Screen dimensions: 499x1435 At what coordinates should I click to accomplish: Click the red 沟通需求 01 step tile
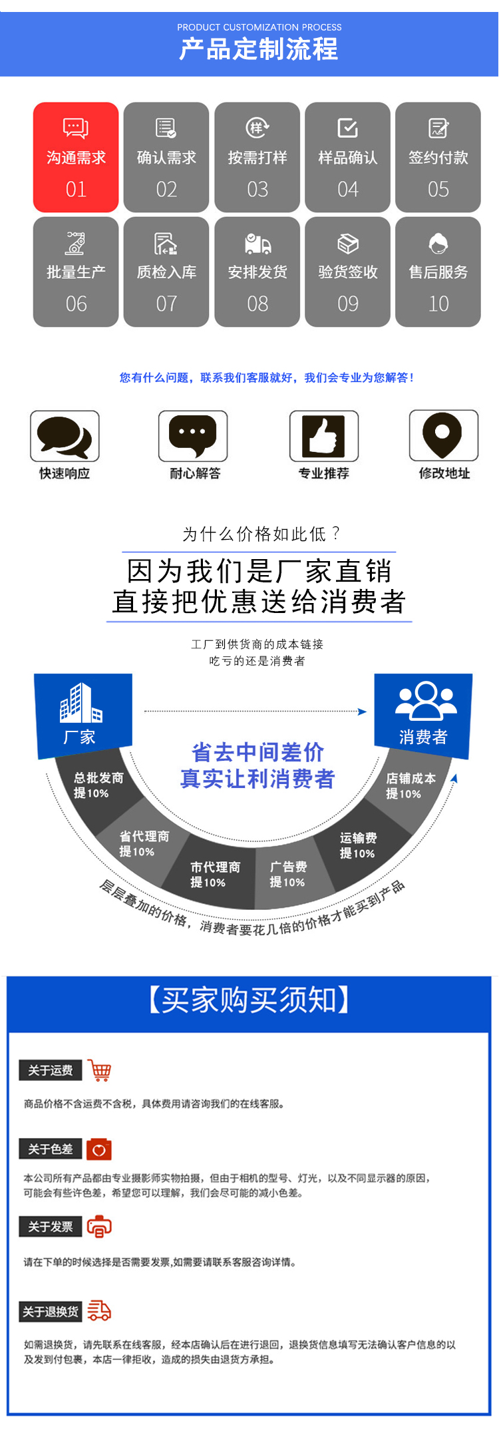[76, 158]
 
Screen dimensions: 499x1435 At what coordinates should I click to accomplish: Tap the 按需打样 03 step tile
[257, 158]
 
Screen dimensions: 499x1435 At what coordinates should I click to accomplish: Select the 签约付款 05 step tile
[438, 158]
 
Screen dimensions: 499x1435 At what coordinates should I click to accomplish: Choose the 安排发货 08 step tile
[257, 272]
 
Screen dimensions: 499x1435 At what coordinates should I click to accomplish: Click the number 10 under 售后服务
[438, 304]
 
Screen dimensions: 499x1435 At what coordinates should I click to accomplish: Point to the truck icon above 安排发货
[257, 244]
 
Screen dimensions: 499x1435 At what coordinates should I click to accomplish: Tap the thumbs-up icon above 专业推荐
[324, 436]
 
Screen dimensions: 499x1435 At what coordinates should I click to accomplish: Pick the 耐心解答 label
[195, 473]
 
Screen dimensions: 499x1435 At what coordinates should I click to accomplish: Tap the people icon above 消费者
[426, 700]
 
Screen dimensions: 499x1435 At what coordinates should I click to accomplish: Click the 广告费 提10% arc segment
[287, 875]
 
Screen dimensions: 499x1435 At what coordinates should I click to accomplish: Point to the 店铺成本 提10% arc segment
[412, 786]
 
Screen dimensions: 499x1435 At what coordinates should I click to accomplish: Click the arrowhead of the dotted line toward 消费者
[363, 712]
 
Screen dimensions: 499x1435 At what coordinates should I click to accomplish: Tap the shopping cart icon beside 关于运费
[99, 1070]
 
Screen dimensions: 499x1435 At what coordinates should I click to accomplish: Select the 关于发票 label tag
[51, 1227]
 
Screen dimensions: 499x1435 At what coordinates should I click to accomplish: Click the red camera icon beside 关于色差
[99, 1149]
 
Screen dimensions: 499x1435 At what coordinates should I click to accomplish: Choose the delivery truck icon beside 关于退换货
[99, 1311]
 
